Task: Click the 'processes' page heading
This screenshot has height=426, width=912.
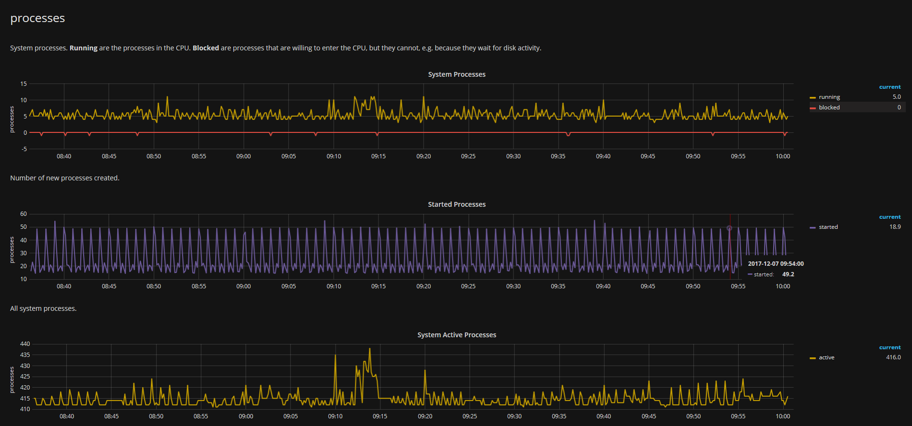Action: (x=37, y=18)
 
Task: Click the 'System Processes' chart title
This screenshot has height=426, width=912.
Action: (x=456, y=74)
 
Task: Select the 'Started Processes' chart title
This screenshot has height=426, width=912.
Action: (x=456, y=204)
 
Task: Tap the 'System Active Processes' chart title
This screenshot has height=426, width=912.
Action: (x=456, y=335)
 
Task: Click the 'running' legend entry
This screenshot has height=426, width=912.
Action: (x=829, y=97)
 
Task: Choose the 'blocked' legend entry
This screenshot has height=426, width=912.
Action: (x=829, y=107)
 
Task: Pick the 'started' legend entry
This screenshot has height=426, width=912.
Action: (x=828, y=227)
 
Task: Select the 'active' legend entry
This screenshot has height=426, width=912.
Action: (x=826, y=357)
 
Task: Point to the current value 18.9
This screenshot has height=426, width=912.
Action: (x=895, y=227)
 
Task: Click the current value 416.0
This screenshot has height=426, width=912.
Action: (x=893, y=357)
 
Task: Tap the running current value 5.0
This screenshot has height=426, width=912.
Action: (x=896, y=97)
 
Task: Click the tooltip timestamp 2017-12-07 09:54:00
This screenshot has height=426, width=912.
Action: (x=776, y=264)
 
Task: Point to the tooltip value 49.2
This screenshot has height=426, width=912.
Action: (x=788, y=274)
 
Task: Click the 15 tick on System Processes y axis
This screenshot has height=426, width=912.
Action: (x=24, y=84)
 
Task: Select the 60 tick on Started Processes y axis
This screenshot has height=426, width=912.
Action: (x=24, y=214)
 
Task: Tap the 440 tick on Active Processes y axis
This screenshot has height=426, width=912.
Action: (x=25, y=344)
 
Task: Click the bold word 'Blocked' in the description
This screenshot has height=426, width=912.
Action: (x=206, y=48)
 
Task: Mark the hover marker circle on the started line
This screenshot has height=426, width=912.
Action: (x=729, y=228)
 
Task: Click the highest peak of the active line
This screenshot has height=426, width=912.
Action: (x=370, y=349)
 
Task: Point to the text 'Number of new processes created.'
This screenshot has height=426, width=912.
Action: (x=65, y=178)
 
